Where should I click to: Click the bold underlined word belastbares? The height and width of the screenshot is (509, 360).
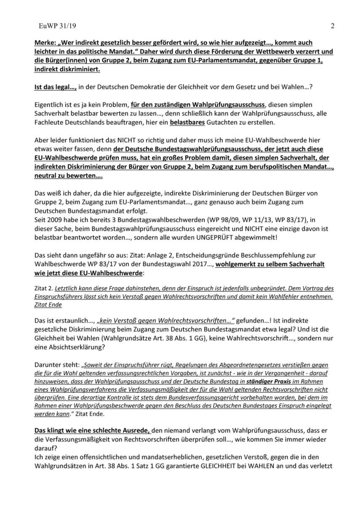tap(186, 122)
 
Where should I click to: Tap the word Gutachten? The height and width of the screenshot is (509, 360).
tap(219, 122)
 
